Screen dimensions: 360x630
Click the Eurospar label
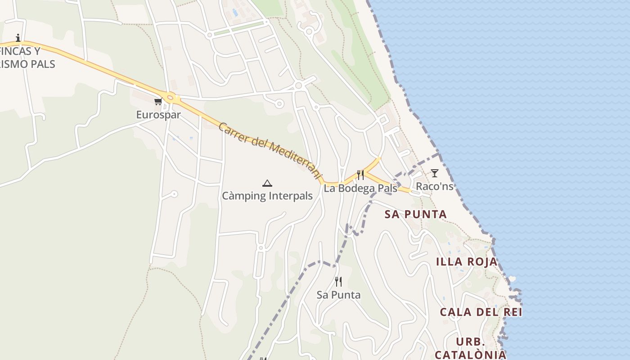point(158,115)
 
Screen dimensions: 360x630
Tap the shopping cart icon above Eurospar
point(158,102)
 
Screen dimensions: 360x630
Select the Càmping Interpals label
point(267,196)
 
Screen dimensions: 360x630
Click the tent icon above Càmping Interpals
point(267,183)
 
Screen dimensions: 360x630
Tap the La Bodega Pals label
point(360,188)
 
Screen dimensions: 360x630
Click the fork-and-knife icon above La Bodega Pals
point(360,175)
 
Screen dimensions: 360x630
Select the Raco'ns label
point(434,186)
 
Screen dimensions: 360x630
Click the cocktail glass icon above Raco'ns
point(434,173)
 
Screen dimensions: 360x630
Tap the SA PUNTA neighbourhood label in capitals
point(416,214)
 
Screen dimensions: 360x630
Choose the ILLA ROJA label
point(467,261)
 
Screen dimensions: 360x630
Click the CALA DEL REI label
point(481,312)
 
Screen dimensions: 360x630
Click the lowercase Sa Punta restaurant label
point(338,295)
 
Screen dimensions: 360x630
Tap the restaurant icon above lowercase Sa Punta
point(338,282)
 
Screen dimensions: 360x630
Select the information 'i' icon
point(18,38)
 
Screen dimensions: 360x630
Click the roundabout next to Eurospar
point(170,97)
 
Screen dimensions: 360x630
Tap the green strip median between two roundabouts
point(238,28)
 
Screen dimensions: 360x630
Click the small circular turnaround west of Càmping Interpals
point(174,194)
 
